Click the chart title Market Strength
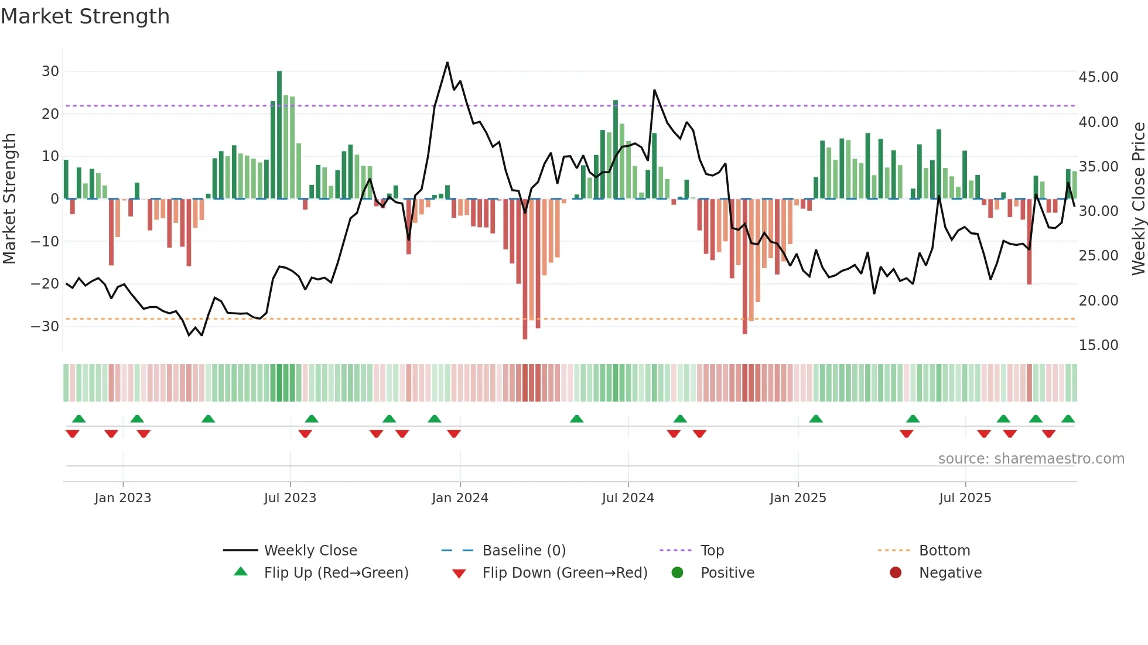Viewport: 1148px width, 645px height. tap(85, 16)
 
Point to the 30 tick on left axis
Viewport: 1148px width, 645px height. tap(50, 71)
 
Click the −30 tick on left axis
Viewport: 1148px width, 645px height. tap(46, 326)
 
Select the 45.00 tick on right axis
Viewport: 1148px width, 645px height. tap(1098, 77)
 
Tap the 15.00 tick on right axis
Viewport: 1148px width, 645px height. tap(1098, 345)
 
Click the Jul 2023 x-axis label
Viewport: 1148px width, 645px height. tap(290, 498)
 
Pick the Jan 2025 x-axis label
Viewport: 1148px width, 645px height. tap(798, 498)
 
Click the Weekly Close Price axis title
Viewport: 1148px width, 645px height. tap(1138, 199)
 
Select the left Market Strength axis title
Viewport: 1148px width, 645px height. tap(10, 199)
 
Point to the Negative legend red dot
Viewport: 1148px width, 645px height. tap(896, 573)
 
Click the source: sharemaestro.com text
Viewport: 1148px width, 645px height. tap(1031, 459)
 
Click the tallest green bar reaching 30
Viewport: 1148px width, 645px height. tap(279, 135)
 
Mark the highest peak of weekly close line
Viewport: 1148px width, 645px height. tap(447, 63)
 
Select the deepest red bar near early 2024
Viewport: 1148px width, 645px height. tap(525, 269)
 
